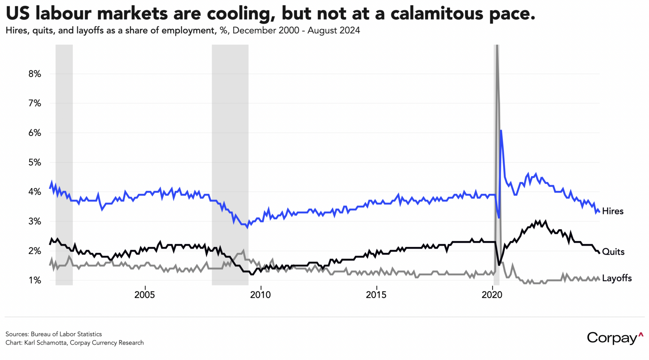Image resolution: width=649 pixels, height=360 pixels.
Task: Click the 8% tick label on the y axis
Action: (x=35, y=74)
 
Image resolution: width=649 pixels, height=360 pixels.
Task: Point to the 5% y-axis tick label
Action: (x=35, y=162)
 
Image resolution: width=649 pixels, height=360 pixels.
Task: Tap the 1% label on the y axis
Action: (x=35, y=280)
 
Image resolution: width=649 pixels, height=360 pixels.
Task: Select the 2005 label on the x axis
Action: (x=144, y=295)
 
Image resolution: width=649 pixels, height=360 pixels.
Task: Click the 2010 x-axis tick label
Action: (x=260, y=295)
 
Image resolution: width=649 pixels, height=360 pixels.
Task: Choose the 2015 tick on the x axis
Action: (x=376, y=295)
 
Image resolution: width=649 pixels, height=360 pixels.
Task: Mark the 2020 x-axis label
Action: (x=492, y=295)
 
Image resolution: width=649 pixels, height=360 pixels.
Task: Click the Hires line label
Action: (x=613, y=211)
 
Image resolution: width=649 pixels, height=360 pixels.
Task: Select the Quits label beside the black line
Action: (x=613, y=252)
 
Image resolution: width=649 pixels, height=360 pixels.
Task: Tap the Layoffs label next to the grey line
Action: (x=617, y=278)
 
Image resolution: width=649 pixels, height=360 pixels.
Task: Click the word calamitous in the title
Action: (x=432, y=14)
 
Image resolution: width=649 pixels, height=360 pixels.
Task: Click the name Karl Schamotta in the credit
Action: (x=45, y=343)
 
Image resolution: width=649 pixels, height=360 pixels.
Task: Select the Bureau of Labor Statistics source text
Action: (x=66, y=334)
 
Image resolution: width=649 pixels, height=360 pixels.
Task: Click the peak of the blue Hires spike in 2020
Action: (x=501, y=130)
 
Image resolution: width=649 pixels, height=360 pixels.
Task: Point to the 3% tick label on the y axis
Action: (x=35, y=221)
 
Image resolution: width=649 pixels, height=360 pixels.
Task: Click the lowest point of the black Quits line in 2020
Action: (x=499, y=265)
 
